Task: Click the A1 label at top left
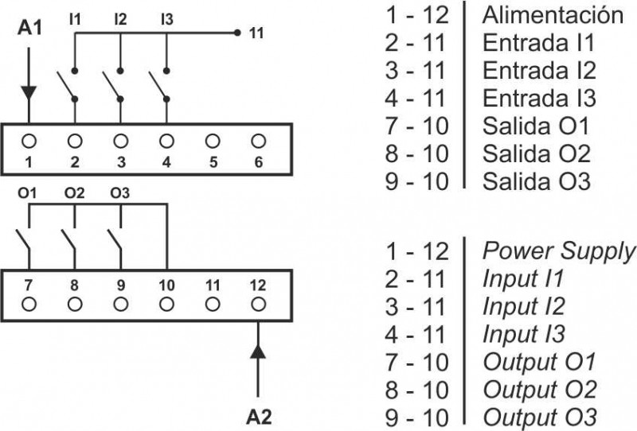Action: click(29, 29)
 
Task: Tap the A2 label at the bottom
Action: click(257, 415)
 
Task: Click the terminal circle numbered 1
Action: click(29, 141)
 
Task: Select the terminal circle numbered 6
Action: click(257, 141)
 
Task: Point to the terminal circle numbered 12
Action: click(257, 303)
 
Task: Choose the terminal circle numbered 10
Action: click(166, 303)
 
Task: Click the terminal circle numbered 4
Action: click(166, 141)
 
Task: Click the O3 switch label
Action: click(120, 193)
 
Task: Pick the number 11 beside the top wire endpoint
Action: click(256, 33)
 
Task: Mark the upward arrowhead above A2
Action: click(257, 351)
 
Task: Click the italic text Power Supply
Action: click(559, 251)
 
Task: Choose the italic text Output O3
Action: click(539, 417)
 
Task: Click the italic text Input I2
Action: click(524, 306)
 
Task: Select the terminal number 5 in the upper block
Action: click(212, 163)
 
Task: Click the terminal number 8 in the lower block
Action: click(75, 283)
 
